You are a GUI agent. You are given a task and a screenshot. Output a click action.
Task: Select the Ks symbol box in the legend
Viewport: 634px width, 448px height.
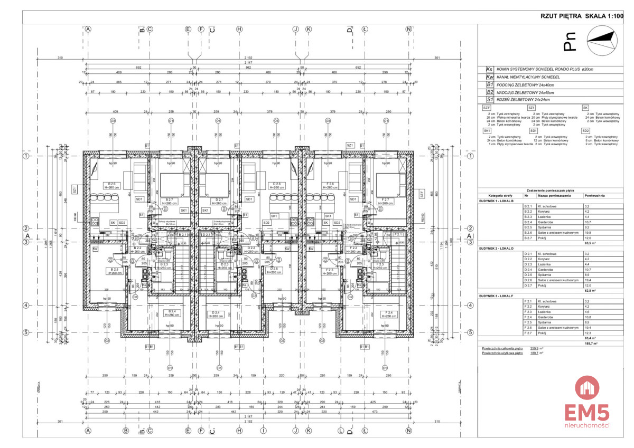click(x=489, y=69)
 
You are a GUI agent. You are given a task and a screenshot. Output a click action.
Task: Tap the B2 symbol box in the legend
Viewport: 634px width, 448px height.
click(x=489, y=91)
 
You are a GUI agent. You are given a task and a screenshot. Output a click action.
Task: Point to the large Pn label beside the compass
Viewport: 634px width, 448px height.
click(x=568, y=43)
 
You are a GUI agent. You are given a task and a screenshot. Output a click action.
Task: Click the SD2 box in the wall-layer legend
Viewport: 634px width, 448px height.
click(x=585, y=130)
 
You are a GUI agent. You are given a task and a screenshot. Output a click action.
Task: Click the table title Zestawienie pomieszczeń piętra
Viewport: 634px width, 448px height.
click(x=550, y=190)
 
